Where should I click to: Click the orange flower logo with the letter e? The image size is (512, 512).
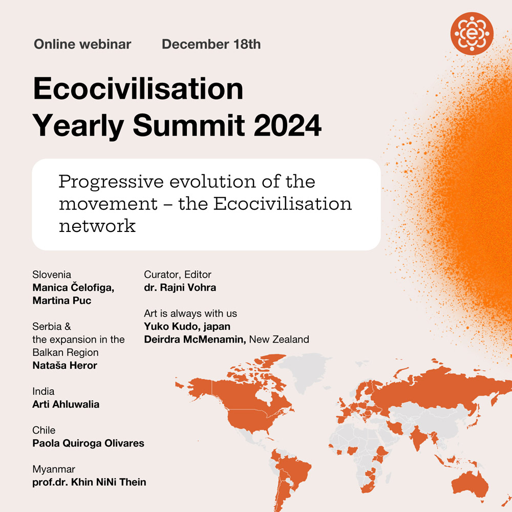click(472, 33)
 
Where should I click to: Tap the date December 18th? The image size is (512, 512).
click(211, 44)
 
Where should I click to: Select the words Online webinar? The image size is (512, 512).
click(82, 44)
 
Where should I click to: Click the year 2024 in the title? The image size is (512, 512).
click(288, 125)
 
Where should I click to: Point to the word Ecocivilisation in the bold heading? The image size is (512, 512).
click(138, 88)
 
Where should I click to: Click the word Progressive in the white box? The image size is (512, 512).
click(111, 182)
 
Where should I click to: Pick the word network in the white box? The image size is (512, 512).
click(97, 226)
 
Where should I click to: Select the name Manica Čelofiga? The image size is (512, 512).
click(73, 287)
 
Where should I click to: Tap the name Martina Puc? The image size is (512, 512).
click(62, 301)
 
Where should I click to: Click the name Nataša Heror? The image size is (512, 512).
click(65, 366)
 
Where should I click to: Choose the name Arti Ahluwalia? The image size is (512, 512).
click(66, 404)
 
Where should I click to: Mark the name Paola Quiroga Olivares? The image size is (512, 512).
click(88, 443)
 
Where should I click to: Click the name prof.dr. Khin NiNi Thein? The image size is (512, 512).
click(89, 482)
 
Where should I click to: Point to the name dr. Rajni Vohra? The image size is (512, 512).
click(180, 287)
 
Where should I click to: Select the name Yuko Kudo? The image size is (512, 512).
click(170, 326)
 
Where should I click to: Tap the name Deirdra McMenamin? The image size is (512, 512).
click(195, 339)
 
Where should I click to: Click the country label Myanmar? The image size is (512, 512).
click(54, 469)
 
